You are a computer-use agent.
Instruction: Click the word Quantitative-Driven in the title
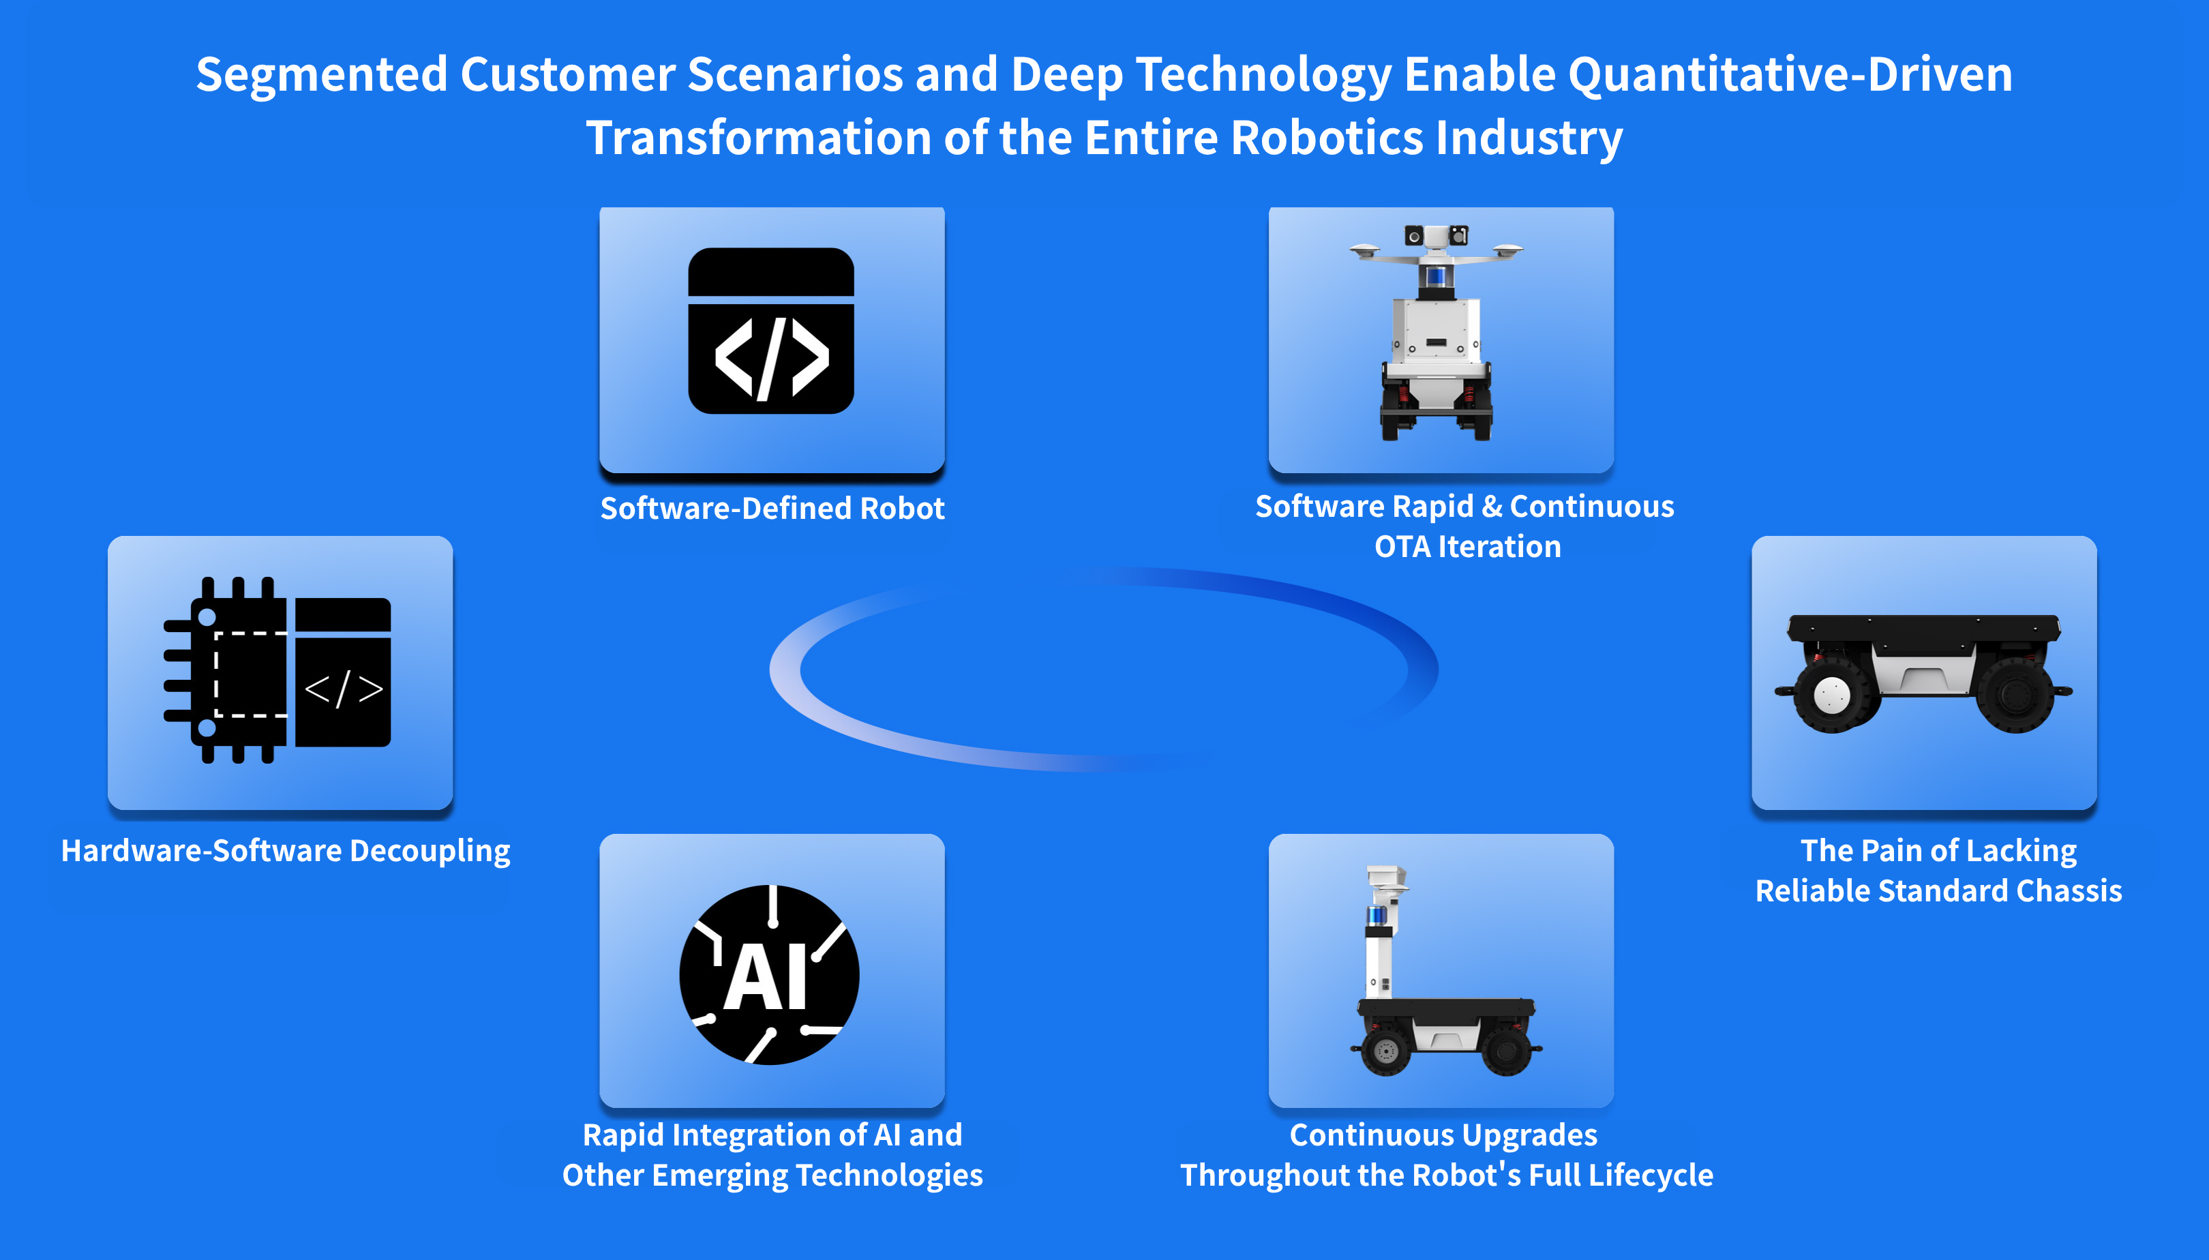coord(1790,74)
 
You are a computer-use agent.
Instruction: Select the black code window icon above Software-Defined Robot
coord(771,331)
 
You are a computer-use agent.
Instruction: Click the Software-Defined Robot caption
coord(772,508)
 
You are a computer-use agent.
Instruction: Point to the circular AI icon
coord(769,974)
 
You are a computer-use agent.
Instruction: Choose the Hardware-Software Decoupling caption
coord(286,852)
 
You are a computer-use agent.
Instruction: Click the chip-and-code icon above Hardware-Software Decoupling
coord(277,670)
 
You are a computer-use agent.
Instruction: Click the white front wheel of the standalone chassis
coord(1831,694)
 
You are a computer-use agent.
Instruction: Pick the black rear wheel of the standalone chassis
coord(2015,694)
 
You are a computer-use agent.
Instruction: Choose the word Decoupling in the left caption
coord(431,852)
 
